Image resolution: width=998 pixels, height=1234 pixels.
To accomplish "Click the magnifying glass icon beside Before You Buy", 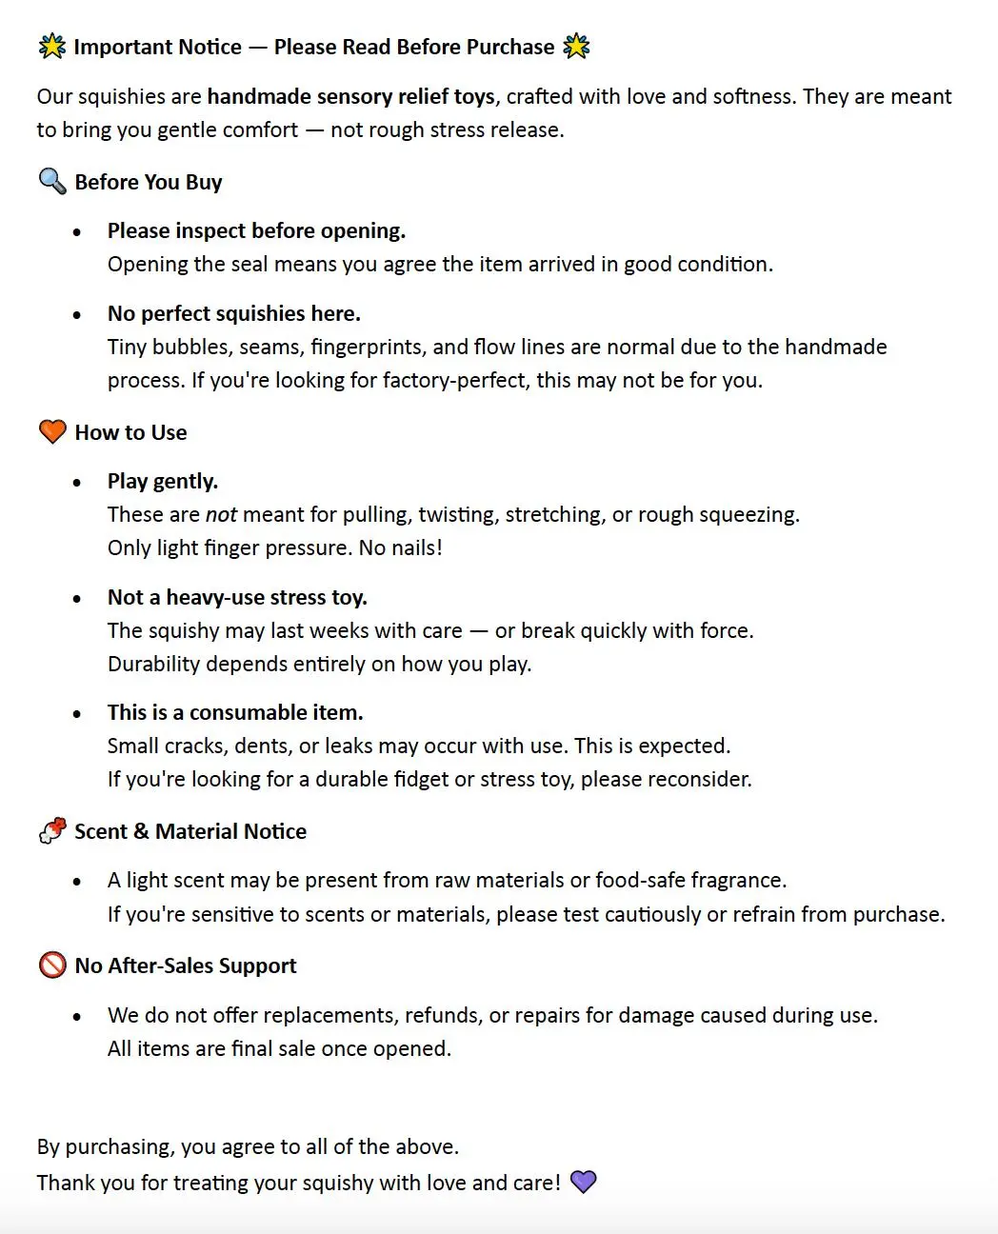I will [x=51, y=181].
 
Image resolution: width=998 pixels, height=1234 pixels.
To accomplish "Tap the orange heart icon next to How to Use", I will [x=51, y=431].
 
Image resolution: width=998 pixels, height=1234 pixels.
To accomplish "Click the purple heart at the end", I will [x=583, y=1182].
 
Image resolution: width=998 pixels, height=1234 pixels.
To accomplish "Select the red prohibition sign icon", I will [x=51, y=965].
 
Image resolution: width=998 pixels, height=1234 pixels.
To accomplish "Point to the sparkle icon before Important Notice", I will [x=51, y=46].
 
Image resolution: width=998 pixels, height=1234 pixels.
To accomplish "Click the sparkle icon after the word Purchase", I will [x=576, y=46].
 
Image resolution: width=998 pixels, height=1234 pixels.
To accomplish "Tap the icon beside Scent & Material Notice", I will [x=51, y=830].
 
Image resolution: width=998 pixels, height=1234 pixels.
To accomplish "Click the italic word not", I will [x=221, y=514].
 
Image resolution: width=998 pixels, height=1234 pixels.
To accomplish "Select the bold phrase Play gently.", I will [x=162, y=481].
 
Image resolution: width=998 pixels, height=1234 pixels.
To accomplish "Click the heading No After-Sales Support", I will [x=186, y=965].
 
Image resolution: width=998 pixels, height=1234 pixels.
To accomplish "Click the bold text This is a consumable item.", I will [x=235, y=712].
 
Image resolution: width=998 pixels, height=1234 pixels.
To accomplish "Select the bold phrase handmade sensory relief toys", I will [x=350, y=96].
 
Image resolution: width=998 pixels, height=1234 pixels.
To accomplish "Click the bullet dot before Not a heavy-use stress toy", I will [x=77, y=599].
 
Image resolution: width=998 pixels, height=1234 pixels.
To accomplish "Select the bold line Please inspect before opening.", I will [x=256, y=230].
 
